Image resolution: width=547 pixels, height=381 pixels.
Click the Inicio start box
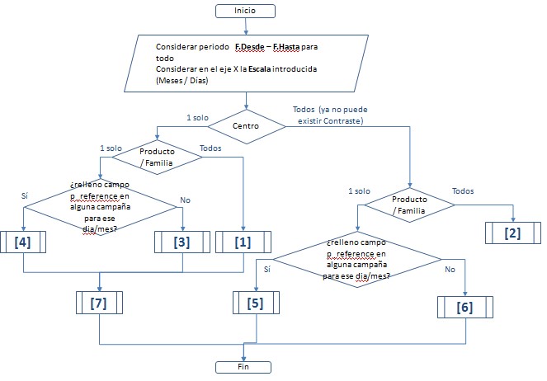245,10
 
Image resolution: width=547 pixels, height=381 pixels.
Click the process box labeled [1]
244,242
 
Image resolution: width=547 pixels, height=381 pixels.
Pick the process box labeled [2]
512,232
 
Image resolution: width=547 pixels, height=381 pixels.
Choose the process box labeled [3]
182,242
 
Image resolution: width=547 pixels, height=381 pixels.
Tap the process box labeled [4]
24,242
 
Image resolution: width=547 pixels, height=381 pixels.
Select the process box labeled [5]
256,303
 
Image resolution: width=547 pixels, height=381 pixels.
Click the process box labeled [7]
99,303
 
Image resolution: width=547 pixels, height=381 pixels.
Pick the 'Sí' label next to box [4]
24,195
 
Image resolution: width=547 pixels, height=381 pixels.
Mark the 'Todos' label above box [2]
463,190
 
